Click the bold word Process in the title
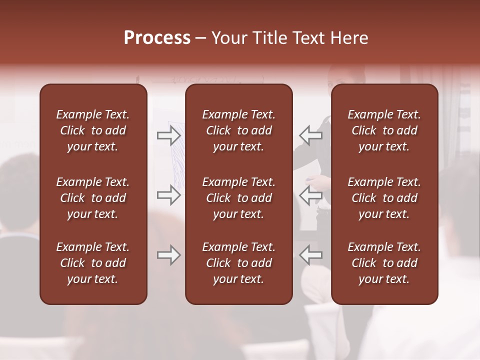pos(157,38)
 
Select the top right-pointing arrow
pos(168,135)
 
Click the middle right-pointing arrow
pos(168,195)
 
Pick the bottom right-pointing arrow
pos(168,255)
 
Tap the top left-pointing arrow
pos(310,135)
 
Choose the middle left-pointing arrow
pos(310,195)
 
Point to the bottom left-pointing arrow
pos(310,255)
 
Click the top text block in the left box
pos(93,130)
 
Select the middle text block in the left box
pos(93,198)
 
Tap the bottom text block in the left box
pos(93,263)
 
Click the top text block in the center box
pos(238,130)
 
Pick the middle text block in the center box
pos(238,198)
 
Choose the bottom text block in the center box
pos(238,263)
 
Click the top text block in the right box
pos(384,130)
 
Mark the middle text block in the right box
pos(384,198)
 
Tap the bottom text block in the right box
pos(384,263)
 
